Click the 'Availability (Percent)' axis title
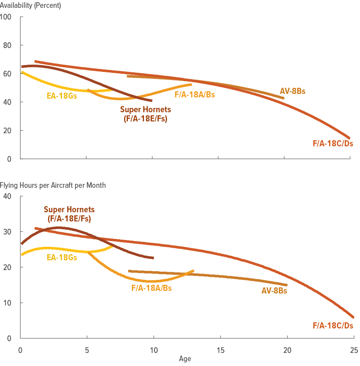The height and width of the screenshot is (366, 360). [31, 6]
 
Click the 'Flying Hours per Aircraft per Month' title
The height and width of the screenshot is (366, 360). [53, 185]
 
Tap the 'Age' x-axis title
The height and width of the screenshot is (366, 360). [185, 359]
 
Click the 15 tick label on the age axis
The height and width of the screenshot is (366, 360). [220, 350]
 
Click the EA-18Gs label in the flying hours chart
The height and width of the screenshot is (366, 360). [62, 258]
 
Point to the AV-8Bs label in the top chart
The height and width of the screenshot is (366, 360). [292, 92]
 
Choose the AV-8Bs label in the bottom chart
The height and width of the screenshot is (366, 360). [274, 290]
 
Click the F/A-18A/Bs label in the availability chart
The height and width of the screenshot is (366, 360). [195, 94]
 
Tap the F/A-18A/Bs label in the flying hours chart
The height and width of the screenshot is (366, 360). [151, 288]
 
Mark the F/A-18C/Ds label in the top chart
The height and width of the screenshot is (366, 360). [333, 143]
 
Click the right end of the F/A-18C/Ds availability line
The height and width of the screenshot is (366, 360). [349, 138]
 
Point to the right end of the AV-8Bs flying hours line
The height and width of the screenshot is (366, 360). [287, 285]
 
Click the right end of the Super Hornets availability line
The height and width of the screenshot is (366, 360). [151, 100]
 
